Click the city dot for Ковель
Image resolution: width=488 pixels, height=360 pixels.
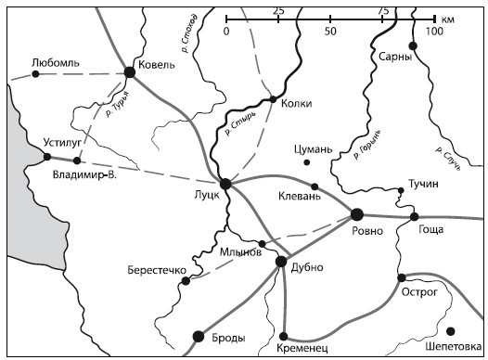tap(129, 71)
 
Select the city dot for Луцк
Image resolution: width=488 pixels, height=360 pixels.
tap(225, 183)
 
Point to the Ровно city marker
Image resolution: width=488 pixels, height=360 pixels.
tap(356, 214)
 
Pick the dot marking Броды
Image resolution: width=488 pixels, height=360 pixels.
tap(197, 336)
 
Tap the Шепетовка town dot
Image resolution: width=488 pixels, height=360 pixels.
tap(451, 330)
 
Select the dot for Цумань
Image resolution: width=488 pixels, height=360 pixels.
tap(307, 162)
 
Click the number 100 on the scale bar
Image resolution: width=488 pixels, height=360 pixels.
tap(432, 30)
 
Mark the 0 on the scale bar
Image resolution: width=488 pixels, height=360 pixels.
tap(226, 30)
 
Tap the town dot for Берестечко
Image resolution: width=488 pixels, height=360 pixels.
tap(186, 280)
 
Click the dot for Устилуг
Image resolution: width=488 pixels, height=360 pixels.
tap(46, 158)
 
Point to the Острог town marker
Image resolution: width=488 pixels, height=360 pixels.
tap(401, 276)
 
